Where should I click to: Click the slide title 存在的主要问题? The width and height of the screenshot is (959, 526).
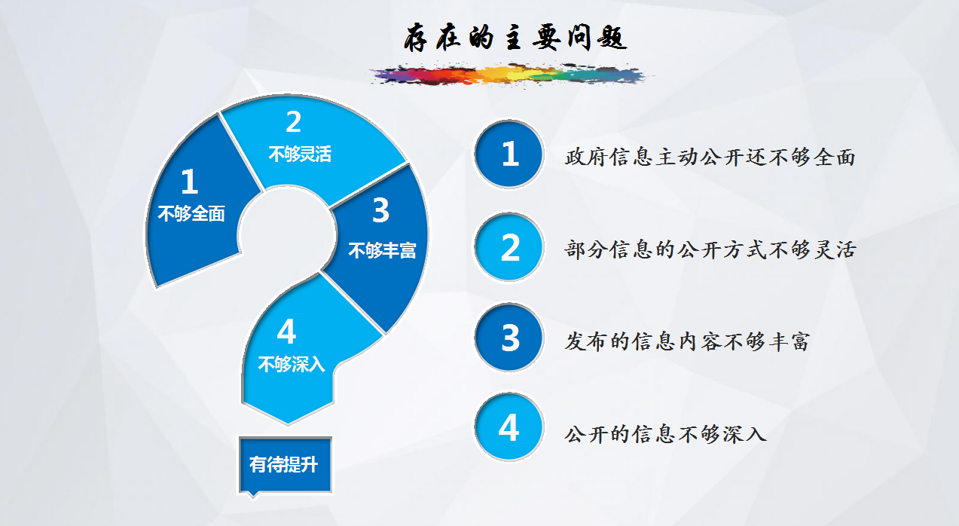515,38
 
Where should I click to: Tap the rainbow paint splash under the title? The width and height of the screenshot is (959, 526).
509,75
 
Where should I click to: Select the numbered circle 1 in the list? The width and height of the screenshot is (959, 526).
509,154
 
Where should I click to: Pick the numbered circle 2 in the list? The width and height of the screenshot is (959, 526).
509,247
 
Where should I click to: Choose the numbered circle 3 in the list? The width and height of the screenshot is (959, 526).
509,338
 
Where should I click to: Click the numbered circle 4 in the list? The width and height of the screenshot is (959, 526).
509,427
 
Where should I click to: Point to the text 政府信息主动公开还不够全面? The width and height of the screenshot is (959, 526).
710,157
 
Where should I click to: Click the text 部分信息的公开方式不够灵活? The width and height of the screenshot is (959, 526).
710,249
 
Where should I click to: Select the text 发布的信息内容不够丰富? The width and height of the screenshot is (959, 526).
687,341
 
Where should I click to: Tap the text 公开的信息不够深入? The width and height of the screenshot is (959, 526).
665,434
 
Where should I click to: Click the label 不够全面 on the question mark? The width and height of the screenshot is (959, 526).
191,213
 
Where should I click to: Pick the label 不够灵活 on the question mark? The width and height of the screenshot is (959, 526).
300,154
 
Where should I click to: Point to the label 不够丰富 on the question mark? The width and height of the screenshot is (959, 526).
382,250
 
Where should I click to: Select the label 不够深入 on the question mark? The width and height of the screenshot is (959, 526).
292,364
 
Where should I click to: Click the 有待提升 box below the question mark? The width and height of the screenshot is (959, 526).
285,465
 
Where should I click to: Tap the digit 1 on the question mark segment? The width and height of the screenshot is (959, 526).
190,181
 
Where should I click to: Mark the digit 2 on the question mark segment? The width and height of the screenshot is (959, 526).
294,121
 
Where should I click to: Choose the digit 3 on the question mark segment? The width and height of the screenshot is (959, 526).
381,210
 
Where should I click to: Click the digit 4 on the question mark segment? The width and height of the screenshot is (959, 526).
286,332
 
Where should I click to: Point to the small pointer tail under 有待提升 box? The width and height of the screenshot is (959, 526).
253,495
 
